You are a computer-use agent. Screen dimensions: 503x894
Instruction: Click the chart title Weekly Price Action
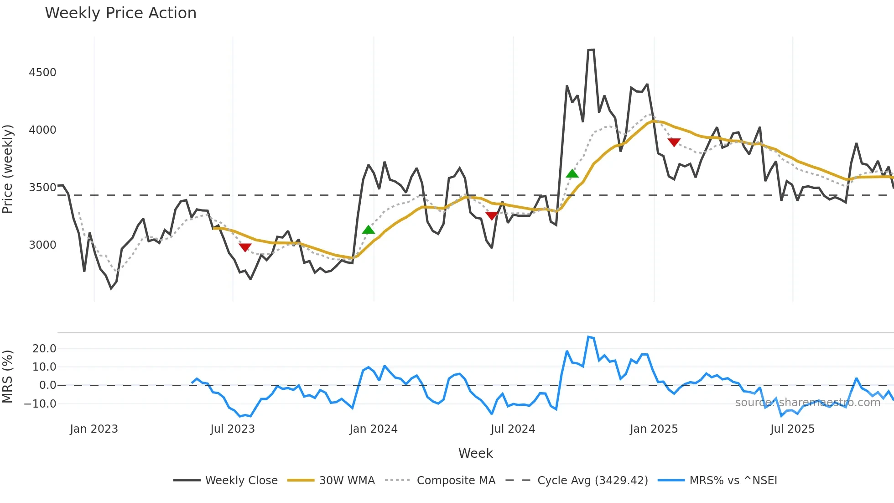pyautogui.click(x=120, y=13)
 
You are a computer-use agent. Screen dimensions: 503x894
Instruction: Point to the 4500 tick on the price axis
pyautogui.click(x=42, y=73)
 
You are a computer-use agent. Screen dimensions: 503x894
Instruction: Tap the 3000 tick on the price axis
pyautogui.click(x=42, y=245)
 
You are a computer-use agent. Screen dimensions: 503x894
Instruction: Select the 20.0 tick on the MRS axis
pyautogui.click(x=44, y=349)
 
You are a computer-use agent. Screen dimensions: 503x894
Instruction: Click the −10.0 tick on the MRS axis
pyautogui.click(x=40, y=404)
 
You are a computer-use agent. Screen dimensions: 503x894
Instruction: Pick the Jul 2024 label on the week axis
pyautogui.click(x=513, y=429)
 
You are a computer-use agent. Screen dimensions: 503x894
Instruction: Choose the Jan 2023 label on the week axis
pyautogui.click(x=94, y=429)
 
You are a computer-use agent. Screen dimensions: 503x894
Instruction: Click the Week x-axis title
pyautogui.click(x=475, y=453)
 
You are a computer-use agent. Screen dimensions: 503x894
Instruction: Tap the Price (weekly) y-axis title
pyautogui.click(x=8, y=169)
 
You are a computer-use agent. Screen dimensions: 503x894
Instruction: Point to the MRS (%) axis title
pyautogui.click(x=8, y=377)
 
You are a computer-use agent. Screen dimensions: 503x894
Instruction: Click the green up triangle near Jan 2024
pyautogui.click(x=369, y=230)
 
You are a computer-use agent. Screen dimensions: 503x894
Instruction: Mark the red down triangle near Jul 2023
pyautogui.click(x=245, y=247)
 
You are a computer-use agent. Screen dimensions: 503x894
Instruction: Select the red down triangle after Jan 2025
pyautogui.click(x=674, y=142)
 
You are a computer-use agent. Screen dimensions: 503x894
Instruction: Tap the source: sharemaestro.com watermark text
pyautogui.click(x=807, y=403)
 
